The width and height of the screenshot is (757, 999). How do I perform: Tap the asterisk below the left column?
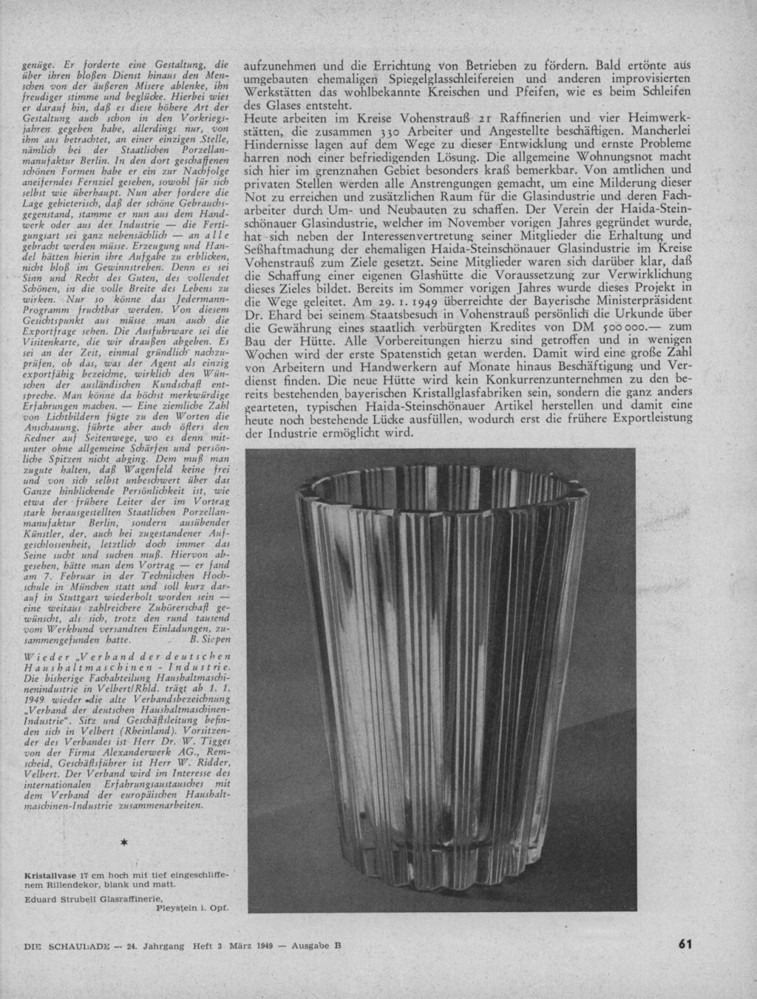click(125, 843)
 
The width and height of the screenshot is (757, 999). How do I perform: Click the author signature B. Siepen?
click(211, 637)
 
